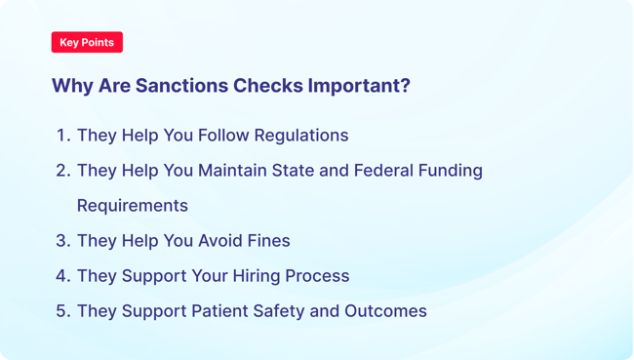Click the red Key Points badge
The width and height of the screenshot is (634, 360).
[x=87, y=43]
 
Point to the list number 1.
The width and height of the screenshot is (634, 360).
[x=62, y=136]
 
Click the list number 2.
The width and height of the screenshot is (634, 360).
[x=62, y=171]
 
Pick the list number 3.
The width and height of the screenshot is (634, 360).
[x=62, y=241]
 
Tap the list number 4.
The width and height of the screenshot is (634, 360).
[x=62, y=276]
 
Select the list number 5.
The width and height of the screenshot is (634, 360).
[x=62, y=311]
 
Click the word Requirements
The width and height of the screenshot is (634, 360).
[x=132, y=206]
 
